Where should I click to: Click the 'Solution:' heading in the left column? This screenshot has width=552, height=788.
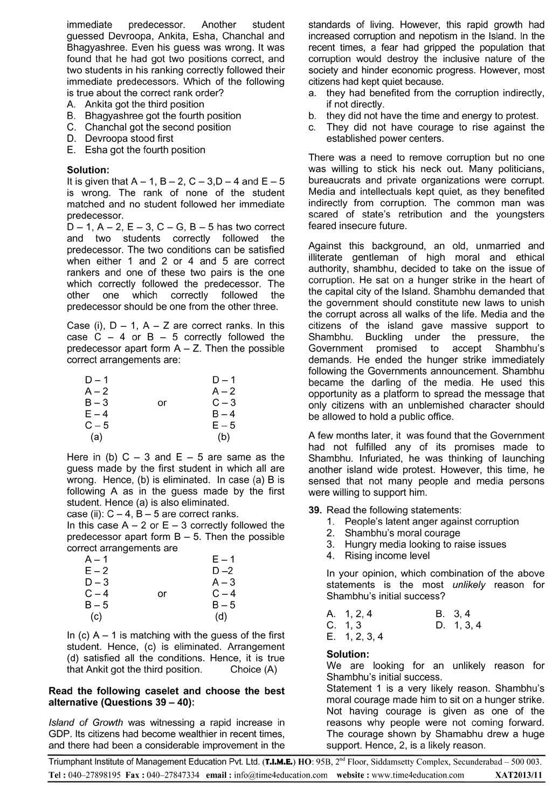point(88,170)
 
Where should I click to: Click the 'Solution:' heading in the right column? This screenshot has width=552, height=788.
point(348,654)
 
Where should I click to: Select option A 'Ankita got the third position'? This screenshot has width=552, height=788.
point(144,104)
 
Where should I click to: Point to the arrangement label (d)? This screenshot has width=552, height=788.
point(221,616)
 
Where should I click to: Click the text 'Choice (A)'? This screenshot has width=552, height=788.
point(253,669)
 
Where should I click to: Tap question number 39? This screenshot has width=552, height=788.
point(315,510)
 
